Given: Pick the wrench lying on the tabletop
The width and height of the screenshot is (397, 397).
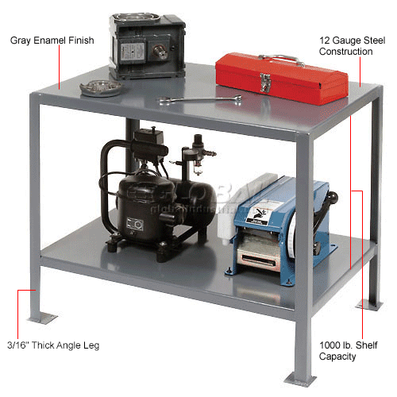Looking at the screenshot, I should coord(199,99).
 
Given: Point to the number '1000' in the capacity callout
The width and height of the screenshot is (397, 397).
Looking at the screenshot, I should coord(334,345).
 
